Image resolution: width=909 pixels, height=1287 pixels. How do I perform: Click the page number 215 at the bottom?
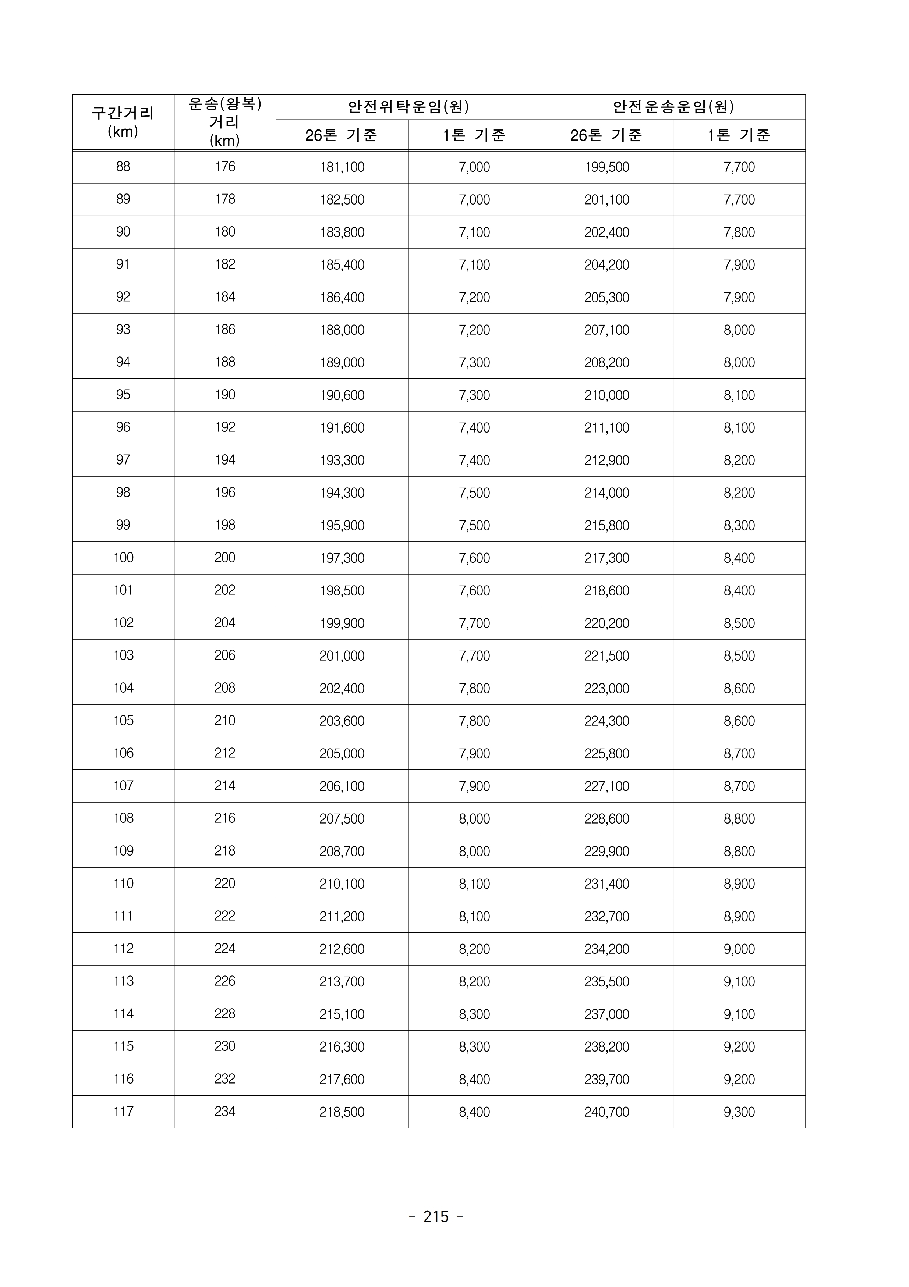coord(436,1216)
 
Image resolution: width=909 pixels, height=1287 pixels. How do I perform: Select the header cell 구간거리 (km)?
coord(123,122)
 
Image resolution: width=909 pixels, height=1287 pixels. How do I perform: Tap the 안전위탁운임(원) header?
coord(408,107)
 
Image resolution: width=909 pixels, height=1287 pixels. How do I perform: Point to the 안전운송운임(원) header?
coord(673,107)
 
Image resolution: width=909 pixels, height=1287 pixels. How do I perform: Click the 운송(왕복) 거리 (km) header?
coord(224,122)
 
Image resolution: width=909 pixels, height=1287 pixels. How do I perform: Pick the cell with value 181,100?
coord(342,167)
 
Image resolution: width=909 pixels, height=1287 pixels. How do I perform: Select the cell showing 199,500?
coord(607,167)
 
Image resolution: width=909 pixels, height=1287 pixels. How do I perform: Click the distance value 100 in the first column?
coord(123,558)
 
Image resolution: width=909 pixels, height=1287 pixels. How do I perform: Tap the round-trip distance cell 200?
coord(225,558)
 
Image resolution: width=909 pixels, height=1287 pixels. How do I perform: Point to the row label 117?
coord(123,1112)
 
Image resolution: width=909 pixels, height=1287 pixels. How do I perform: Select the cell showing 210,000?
coord(607,395)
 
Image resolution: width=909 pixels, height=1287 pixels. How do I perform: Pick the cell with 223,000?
coord(607,688)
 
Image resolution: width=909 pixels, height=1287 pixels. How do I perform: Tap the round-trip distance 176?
coord(225,167)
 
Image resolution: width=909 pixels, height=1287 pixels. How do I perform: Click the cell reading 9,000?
coord(739,949)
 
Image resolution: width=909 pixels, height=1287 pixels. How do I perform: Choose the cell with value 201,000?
coord(342,656)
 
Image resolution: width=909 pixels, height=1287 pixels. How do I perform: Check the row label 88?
coord(123,167)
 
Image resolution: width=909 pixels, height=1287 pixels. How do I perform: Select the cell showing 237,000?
coord(607,1014)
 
